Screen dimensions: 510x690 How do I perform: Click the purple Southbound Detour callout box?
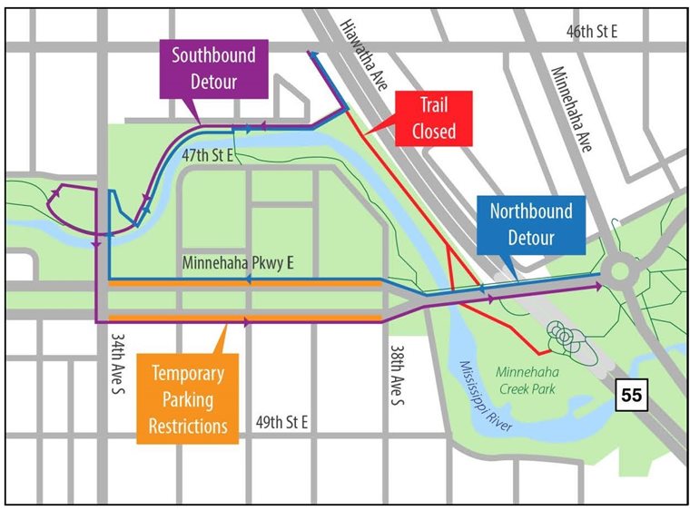pos(214,68)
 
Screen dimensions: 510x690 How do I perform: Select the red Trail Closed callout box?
pos(433,118)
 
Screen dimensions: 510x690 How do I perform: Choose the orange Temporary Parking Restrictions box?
pos(188,399)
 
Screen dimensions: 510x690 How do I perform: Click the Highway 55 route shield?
pos(632,395)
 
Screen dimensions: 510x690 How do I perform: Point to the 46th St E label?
pos(591,32)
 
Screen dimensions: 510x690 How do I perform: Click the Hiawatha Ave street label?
pos(360,54)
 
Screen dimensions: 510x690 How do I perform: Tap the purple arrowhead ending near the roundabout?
pos(597,287)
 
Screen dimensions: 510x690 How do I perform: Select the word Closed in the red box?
pos(433,131)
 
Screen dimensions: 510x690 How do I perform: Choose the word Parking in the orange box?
pos(188,399)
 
